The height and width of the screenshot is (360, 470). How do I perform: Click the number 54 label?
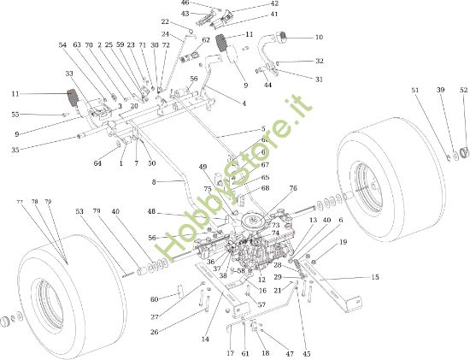[62, 44]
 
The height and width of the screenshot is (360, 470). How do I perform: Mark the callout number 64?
[98, 162]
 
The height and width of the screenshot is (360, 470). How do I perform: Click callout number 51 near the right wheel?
[415, 90]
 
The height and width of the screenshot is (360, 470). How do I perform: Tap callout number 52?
[463, 90]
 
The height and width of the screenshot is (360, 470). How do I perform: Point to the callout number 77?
[19, 201]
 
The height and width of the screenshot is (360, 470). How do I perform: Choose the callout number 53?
[79, 210]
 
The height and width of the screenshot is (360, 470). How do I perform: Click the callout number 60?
[155, 299]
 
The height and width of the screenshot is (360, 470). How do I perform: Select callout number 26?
[154, 332]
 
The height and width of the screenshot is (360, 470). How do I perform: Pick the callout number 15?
[374, 277]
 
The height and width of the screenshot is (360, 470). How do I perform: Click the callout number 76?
[293, 188]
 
